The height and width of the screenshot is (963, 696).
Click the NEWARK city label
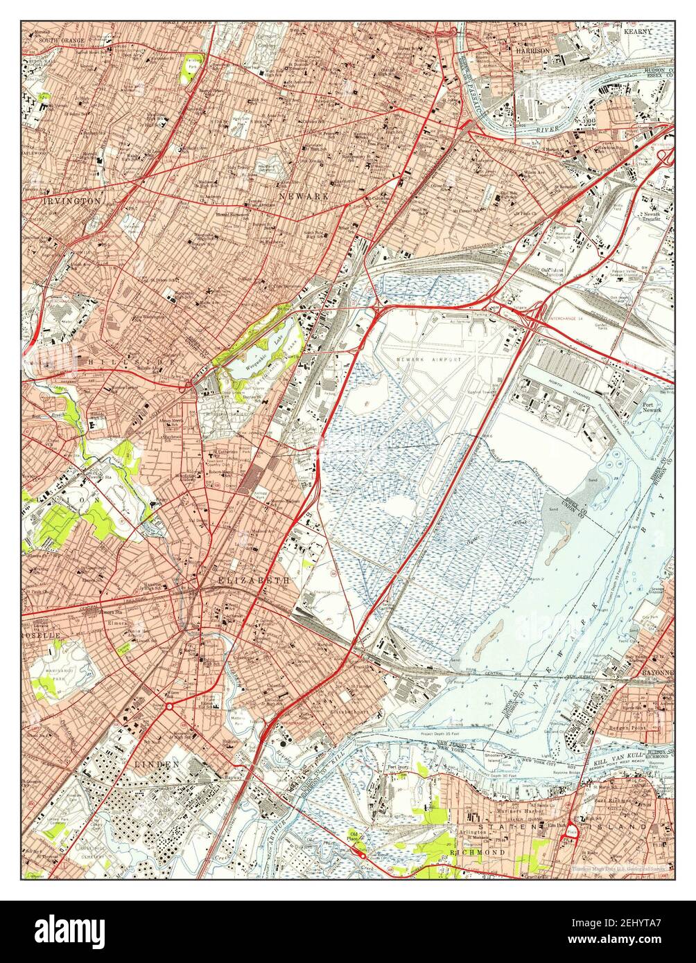click(x=304, y=197)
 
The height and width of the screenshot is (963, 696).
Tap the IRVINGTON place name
click(x=62, y=200)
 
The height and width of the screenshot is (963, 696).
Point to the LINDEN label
click(x=157, y=763)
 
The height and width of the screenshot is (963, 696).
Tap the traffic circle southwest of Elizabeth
click(x=168, y=706)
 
